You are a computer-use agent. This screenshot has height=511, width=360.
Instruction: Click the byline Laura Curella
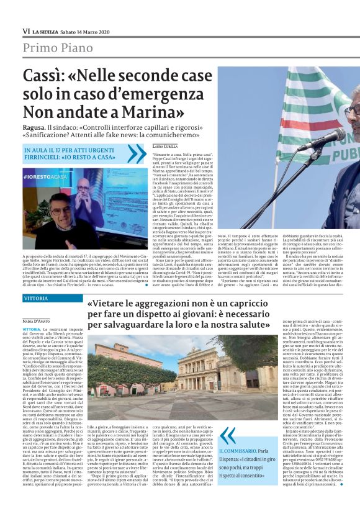pyautogui.click(x=164, y=145)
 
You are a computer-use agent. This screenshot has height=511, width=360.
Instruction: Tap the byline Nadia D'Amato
pyautogui.click(x=36, y=320)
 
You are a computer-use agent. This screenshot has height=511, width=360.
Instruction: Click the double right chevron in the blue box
pyautogui.click(x=136, y=153)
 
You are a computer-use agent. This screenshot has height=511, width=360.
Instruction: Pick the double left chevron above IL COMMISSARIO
pyautogui.click(x=228, y=436)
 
